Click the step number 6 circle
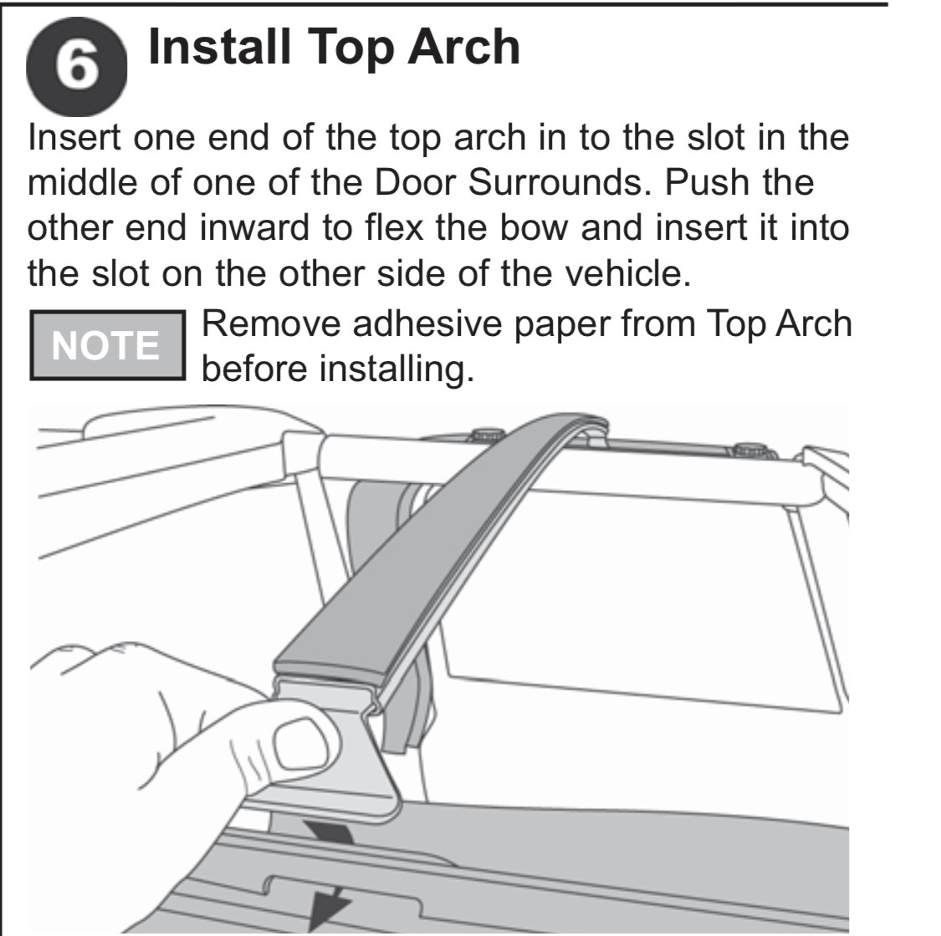pyautogui.click(x=76, y=67)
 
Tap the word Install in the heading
pyautogui.click(x=220, y=47)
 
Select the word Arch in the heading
pyautogui.click(x=464, y=47)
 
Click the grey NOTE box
pyautogui.click(x=107, y=345)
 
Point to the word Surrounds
pyautogui.click(x=560, y=182)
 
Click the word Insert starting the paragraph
pyautogui.click(x=74, y=137)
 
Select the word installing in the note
pyautogui.click(x=396, y=369)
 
